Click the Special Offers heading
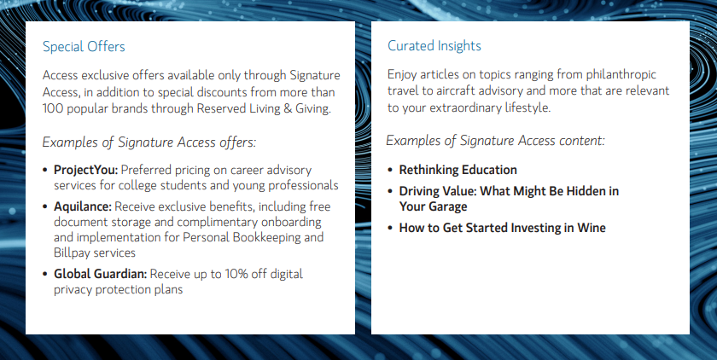(84, 47)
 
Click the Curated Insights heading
(434, 46)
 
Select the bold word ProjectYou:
(86, 170)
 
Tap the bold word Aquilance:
(83, 206)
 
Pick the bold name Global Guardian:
(101, 274)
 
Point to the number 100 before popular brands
(53, 108)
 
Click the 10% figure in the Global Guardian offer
(236, 274)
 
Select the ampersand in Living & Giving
(288, 108)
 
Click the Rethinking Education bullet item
(458, 170)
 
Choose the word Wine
(592, 228)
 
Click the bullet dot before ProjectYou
(44, 171)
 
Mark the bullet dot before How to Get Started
(390, 228)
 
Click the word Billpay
(71, 253)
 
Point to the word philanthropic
(621, 74)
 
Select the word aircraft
(452, 90)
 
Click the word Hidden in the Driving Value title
(586, 191)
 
